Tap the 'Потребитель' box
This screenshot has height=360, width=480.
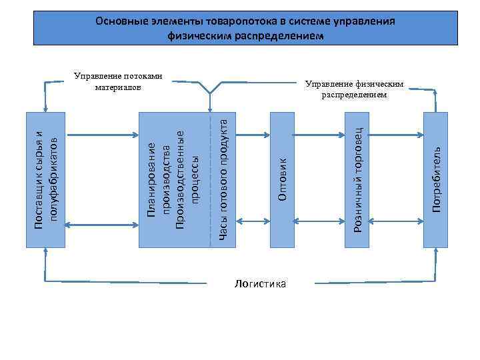(x=436, y=179)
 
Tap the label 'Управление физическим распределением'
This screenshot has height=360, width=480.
(x=354, y=89)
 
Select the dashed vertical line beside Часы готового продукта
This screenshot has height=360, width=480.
(x=209, y=179)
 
